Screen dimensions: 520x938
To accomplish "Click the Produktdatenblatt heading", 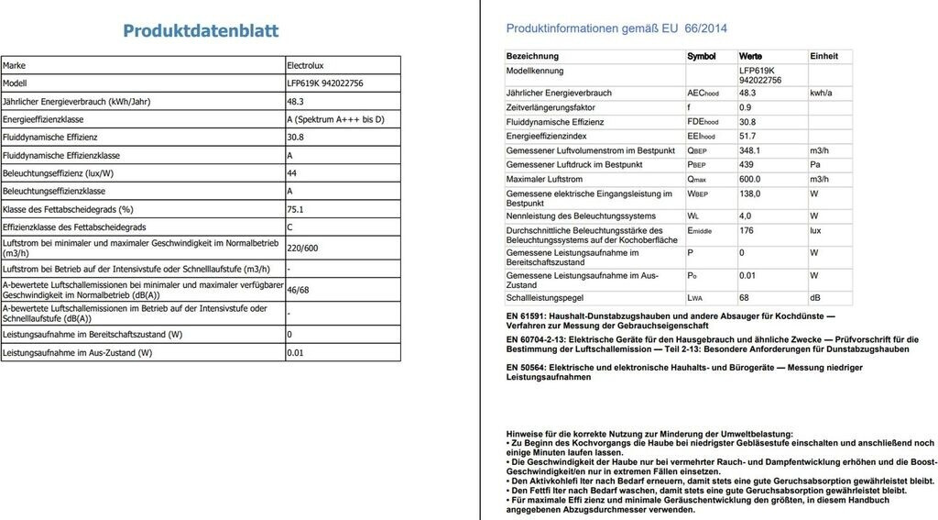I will point(201,31).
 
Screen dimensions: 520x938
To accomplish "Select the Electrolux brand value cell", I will point(309,66).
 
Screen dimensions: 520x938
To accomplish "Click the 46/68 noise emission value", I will point(299,290).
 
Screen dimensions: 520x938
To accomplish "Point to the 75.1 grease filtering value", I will point(295,209).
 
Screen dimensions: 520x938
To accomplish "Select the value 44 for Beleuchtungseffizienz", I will point(292,173).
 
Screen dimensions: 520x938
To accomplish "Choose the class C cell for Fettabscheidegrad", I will point(290,227).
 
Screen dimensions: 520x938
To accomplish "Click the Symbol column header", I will point(702,57).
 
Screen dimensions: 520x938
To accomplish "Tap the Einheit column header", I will point(823,57).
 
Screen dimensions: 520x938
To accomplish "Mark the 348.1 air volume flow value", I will point(750,150).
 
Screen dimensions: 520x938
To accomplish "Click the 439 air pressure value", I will point(747,165).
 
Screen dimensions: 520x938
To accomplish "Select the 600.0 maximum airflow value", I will point(750,179).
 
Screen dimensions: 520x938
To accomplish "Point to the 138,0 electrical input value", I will point(750,194).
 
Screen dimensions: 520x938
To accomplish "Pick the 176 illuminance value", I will point(747,231).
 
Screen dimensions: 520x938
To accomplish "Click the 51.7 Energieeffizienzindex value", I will point(747,136).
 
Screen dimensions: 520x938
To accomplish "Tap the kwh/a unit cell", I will point(821,94).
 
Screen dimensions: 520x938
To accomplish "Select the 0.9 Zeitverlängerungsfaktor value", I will point(745,107).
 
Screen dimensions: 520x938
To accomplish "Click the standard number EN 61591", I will point(527,316).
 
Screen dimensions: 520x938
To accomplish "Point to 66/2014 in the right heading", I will point(705,28).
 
